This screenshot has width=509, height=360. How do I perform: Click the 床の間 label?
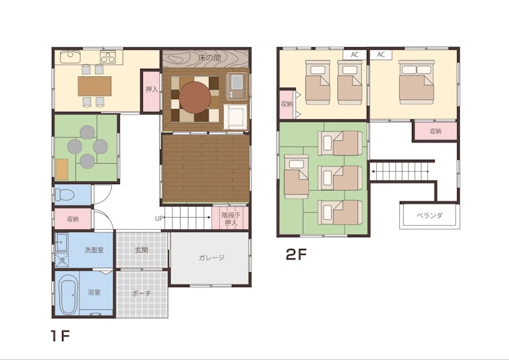[x=210, y=58]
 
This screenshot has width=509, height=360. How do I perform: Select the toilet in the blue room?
[x=65, y=195]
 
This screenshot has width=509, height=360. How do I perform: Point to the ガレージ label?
[x=211, y=258]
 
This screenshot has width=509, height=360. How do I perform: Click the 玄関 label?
[x=142, y=250]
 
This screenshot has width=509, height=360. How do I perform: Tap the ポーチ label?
[x=142, y=293]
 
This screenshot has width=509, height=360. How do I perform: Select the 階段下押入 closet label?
[x=231, y=219]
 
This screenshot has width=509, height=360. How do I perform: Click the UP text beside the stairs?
[x=158, y=219]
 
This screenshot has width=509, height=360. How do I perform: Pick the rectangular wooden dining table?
[x=94, y=86]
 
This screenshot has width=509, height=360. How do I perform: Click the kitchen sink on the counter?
[x=71, y=57]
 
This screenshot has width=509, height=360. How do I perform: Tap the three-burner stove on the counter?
[x=108, y=57]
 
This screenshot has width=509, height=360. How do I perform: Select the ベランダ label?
[x=429, y=216]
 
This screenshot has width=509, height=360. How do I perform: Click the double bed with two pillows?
[x=417, y=82]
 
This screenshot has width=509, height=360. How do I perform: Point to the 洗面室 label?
[x=94, y=250]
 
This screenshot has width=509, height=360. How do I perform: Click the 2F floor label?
[x=296, y=255]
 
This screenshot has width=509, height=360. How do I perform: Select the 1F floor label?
[x=61, y=336]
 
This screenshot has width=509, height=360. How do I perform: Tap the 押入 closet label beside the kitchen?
[x=152, y=89]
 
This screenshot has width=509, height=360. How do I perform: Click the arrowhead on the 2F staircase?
[x=374, y=171]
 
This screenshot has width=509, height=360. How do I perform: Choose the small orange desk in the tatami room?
[x=61, y=169]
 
